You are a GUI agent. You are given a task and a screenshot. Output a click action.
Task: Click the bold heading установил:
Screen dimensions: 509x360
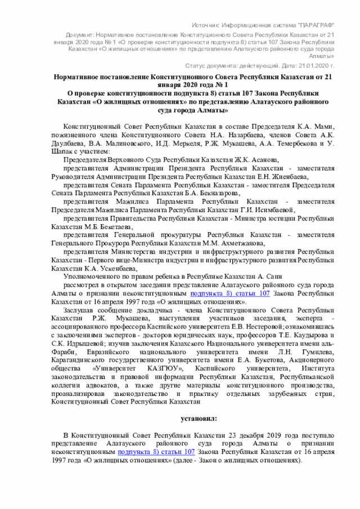197,420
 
